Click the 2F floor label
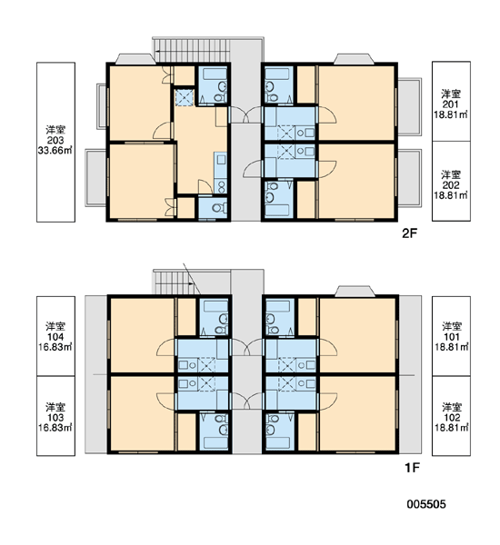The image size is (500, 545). tap(409, 233)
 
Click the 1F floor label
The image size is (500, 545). tap(412, 468)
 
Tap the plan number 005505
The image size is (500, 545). tap(426, 504)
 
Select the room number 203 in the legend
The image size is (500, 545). tap(55, 140)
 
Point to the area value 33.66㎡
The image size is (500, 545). tap(55, 151)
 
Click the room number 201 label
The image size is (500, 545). tap(451, 104)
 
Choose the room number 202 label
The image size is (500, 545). tap(451, 185)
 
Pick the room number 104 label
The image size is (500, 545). tap(55, 337)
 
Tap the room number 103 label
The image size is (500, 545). tap(55, 418)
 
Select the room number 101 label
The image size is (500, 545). tap(451, 337)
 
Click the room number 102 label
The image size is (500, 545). tap(451, 418)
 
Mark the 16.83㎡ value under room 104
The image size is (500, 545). tap(55, 347)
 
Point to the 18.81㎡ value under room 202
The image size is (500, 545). tap(451, 195)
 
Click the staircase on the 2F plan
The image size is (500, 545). tap(192, 50)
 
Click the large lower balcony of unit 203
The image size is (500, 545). tap(95, 178)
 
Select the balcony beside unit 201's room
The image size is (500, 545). tap(409, 106)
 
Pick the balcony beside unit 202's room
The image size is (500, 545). tap(409, 178)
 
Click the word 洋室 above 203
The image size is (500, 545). tap(55, 130)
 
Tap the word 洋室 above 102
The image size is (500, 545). tap(451, 407)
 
